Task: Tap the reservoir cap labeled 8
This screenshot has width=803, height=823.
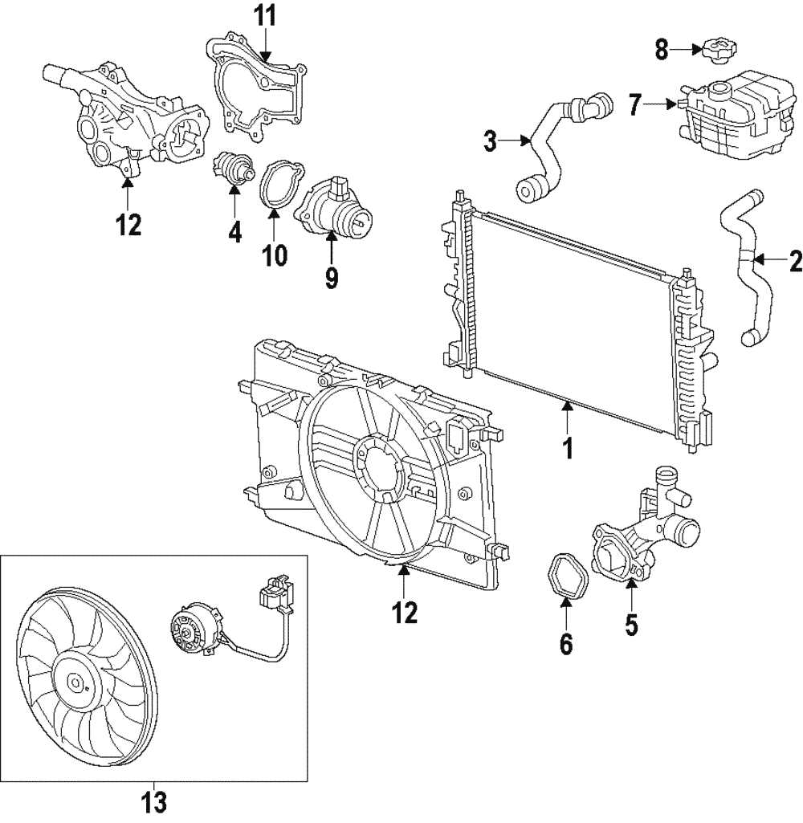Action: coord(713,51)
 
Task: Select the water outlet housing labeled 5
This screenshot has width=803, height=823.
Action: coord(642,538)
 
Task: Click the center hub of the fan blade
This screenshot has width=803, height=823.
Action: coord(76,683)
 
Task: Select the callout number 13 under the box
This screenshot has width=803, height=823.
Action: coord(154,801)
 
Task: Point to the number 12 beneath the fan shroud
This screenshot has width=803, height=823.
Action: coord(405,612)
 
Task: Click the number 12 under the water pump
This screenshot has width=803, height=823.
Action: coord(128,226)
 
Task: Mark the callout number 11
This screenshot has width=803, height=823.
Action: coord(265,15)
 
